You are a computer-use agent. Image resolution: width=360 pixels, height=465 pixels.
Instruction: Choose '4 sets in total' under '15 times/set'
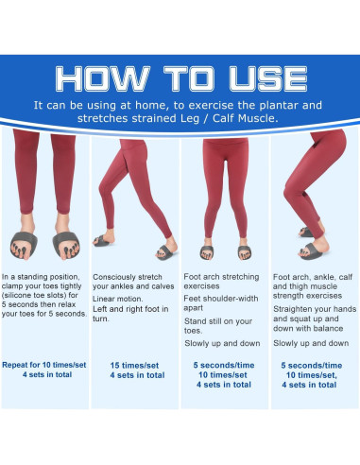(135, 374)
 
